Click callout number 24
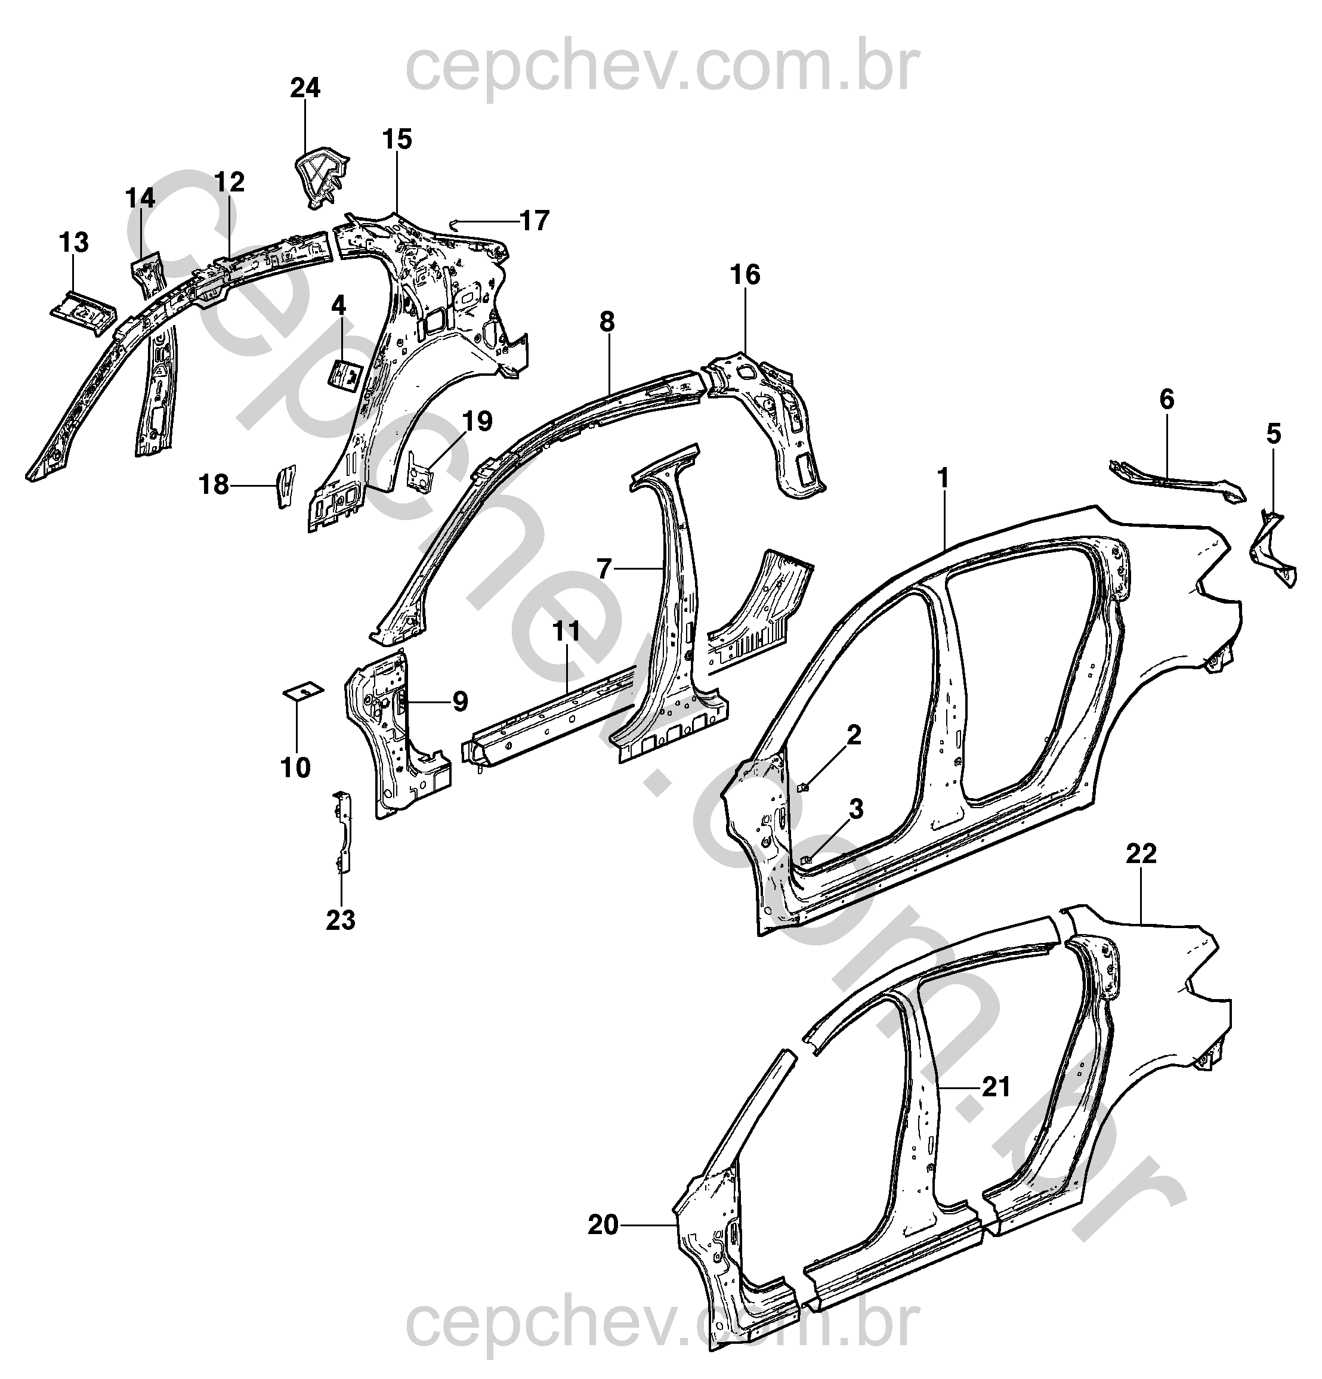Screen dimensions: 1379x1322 [305, 88]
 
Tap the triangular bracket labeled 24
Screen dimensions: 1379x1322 [321, 175]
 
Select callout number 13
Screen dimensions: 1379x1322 [74, 242]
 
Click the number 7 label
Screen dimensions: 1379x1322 [604, 567]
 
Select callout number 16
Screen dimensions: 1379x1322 [746, 274]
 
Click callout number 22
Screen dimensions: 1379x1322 [1141, 854]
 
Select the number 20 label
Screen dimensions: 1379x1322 [603, 1225]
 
